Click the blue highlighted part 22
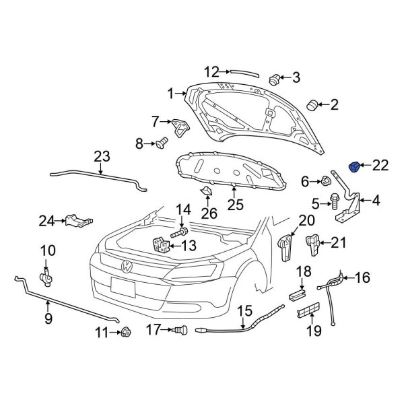tap(356, 166)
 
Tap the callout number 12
tap(211, 71)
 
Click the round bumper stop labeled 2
tap(312, 104)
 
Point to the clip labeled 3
tap(275, 79)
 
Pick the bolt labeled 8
tap(161, 143)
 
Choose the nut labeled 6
tap(325, 180)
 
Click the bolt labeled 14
tap(180, 233)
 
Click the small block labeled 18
tap(296, 293)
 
